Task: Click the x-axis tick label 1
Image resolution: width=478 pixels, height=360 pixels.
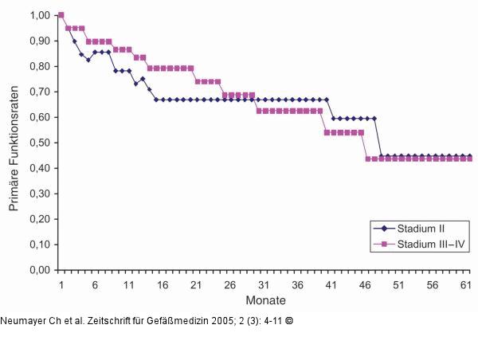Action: click(61, 284)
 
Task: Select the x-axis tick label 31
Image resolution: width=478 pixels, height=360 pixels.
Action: click(264, 284)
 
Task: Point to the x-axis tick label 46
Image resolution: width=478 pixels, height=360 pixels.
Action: click(365, 284)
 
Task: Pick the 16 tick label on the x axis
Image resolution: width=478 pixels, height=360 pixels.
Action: click(163, 284)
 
